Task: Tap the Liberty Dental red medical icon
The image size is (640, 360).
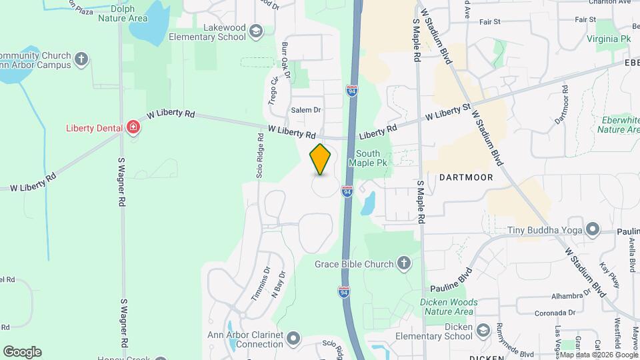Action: pos(133,127)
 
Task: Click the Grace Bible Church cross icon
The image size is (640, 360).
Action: pos(403,264)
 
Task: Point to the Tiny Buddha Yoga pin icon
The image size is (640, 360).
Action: pos(591,231)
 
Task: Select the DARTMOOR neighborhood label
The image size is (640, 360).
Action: pos(466,177)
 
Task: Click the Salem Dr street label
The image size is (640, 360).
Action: pos(306,110)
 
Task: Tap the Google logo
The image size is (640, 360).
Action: pos(22,352)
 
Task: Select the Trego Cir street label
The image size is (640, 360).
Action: pos(273,91)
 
